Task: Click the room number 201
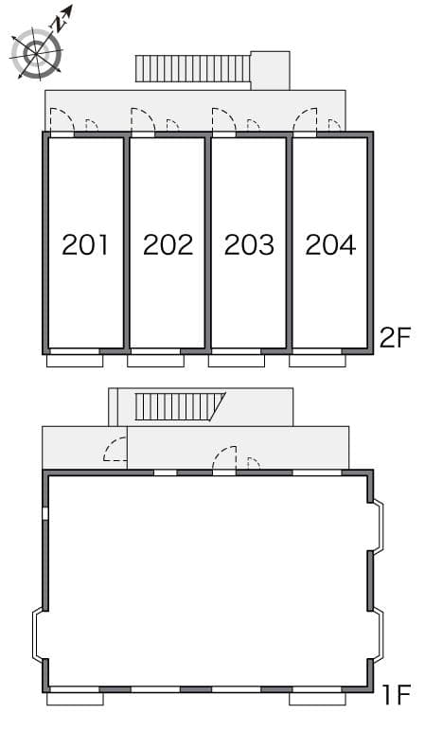pos(85,245)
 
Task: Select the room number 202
pos(168,245)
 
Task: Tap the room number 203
pos(249,245)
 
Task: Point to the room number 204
pos(330,245)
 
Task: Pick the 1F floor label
pos(397,699)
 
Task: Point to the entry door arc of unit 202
pos(143,120)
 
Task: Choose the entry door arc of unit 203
pos(224,120)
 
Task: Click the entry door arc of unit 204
pos(306,120)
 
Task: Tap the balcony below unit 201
pos(75,360)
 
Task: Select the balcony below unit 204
pos(318,360)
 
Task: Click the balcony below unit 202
pos(155,360)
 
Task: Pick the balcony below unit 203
pos(237,360)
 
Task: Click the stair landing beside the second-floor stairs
pos(270,70)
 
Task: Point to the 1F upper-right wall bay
pos(377,526)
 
